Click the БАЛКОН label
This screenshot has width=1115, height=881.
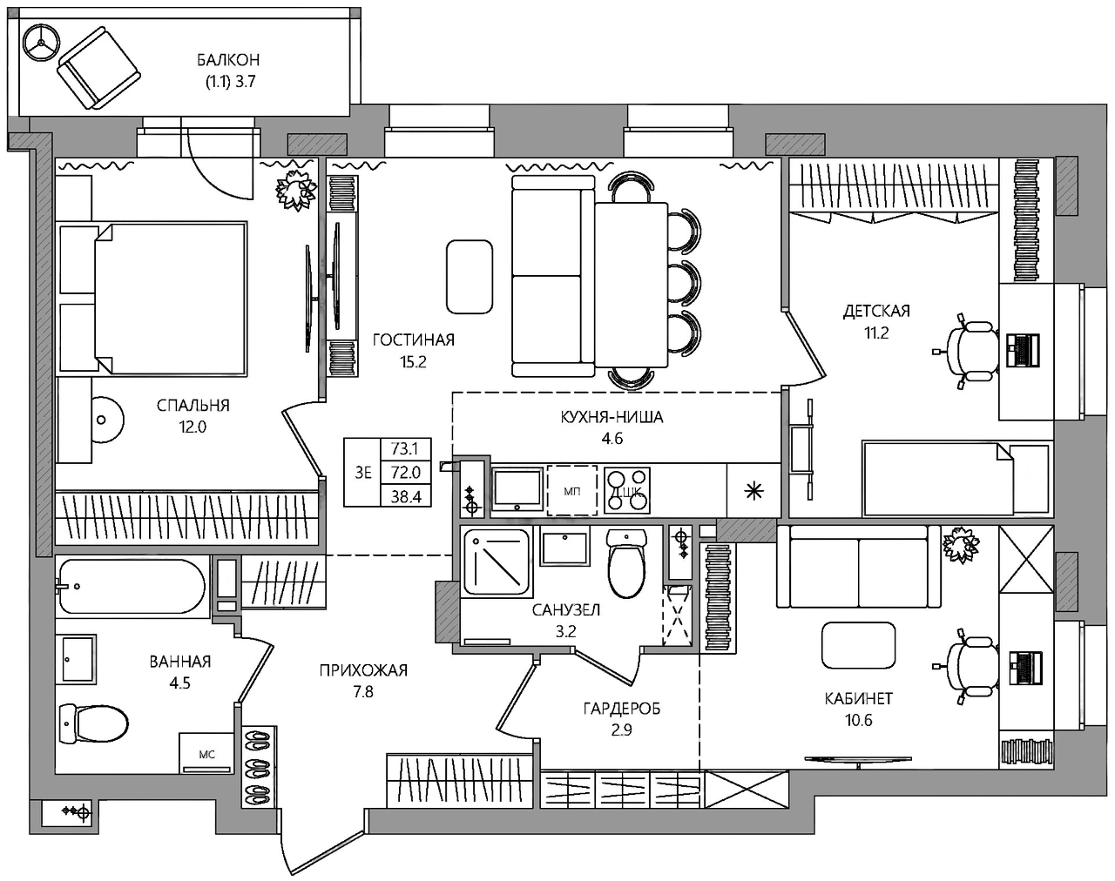click(228, 60)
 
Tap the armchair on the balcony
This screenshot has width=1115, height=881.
click(98, 69)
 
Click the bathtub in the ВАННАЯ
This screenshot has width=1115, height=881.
click(132, 586)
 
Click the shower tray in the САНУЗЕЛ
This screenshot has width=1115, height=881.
click(497, 562)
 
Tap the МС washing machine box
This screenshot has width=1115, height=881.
click(206, 754)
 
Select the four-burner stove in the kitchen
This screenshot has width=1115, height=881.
click(627, 490)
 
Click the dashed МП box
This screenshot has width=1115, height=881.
click(572, 490)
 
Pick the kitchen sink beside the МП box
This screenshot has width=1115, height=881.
click(517, 489)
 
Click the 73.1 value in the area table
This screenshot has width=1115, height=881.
click(405, 448)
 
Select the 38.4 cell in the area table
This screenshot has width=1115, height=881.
click(406, 497)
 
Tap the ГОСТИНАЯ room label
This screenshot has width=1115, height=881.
click(414, 340)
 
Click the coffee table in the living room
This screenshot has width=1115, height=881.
click(470, 277)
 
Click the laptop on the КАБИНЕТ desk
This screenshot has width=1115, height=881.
click(1026, 667)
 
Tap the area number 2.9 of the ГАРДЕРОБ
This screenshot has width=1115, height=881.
click(621, 730)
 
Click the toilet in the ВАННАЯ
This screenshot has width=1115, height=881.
click(94, 723)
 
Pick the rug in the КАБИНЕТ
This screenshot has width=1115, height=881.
click(859, 645)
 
